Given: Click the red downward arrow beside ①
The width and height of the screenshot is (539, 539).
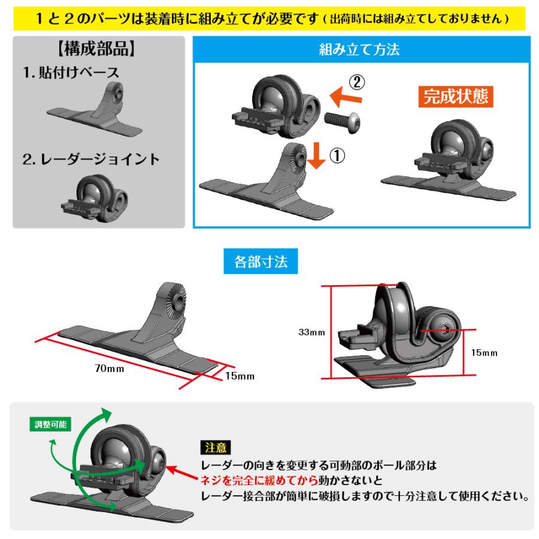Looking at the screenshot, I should [317, 156].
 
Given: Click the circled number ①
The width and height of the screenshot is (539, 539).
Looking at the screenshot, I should [337, 156].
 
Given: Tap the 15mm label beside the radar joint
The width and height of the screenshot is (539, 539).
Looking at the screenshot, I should [484, 353].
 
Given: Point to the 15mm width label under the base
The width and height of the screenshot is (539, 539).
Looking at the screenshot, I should [240, 376].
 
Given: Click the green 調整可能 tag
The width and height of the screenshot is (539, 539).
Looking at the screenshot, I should [50, 425].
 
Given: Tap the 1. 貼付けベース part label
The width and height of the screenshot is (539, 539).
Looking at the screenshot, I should [71, 72].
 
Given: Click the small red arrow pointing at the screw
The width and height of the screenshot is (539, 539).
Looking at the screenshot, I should [179, 472].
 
